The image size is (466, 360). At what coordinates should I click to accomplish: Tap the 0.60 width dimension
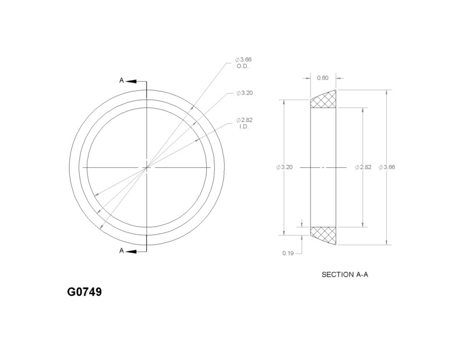tap(322, 77)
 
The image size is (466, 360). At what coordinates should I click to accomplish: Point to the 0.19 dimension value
tap(287, 253)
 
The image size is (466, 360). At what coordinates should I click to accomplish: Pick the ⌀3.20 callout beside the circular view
tap(244, 93)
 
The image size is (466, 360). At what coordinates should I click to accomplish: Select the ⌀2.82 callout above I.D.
tap(244, 120)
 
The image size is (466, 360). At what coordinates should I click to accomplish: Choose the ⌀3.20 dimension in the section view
tap(284, 167)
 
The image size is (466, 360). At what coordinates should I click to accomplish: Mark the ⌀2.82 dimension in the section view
tap(363, 167)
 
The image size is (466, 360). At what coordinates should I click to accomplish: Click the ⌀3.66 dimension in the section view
tap(388, 167)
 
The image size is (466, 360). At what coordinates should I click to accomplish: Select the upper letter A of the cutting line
tap(121, 81)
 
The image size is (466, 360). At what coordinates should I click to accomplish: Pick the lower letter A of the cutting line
tap(121, 251)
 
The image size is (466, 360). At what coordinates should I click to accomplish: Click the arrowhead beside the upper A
tap(132, 81)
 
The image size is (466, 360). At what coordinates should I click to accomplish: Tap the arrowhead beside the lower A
tap(132, 251)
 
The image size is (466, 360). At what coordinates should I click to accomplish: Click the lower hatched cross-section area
tap(323, 234)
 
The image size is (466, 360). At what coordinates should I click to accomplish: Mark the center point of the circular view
tap(146, 168)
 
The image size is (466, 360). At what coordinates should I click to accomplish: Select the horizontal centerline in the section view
tap(323, 168)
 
